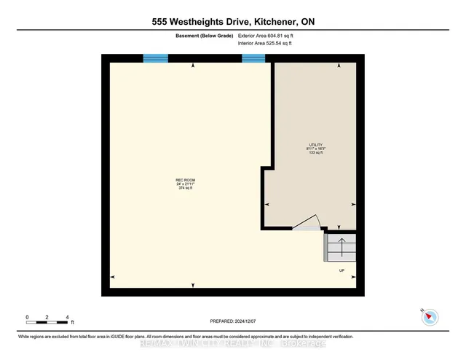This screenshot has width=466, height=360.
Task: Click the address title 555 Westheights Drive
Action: point(232,22)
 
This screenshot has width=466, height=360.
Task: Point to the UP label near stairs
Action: point(341,271)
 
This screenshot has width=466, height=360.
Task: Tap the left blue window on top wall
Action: point(155,58)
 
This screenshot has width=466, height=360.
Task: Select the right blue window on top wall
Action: point(253,58)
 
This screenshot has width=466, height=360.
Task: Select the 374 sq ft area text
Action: point(185,188)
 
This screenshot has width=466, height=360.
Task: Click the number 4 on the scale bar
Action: point(67,317)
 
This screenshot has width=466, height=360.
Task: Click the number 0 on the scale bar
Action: point(27,317)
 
